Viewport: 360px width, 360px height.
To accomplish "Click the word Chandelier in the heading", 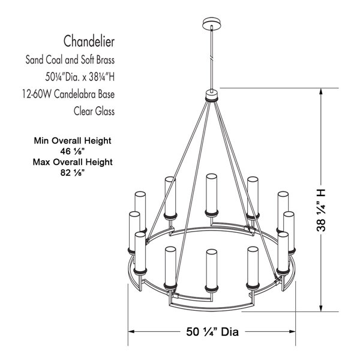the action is coord(89,41).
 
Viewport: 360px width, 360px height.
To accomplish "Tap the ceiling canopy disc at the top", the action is coord(212,23).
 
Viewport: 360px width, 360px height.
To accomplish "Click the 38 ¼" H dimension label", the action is coord(321,211).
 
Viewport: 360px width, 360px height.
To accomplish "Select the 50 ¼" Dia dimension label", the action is coord(212,332).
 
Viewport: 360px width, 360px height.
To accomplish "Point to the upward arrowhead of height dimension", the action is coord(321,91).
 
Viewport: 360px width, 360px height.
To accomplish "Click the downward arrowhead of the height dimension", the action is coord(321,308).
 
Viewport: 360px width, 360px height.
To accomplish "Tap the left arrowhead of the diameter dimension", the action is coord(131,331).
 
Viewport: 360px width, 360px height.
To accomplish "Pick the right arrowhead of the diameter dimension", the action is coord(292,331).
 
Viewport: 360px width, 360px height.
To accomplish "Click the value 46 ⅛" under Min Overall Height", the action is coord(73,151).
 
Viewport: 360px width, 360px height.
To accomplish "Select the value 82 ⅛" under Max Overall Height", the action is coord(73,172).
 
